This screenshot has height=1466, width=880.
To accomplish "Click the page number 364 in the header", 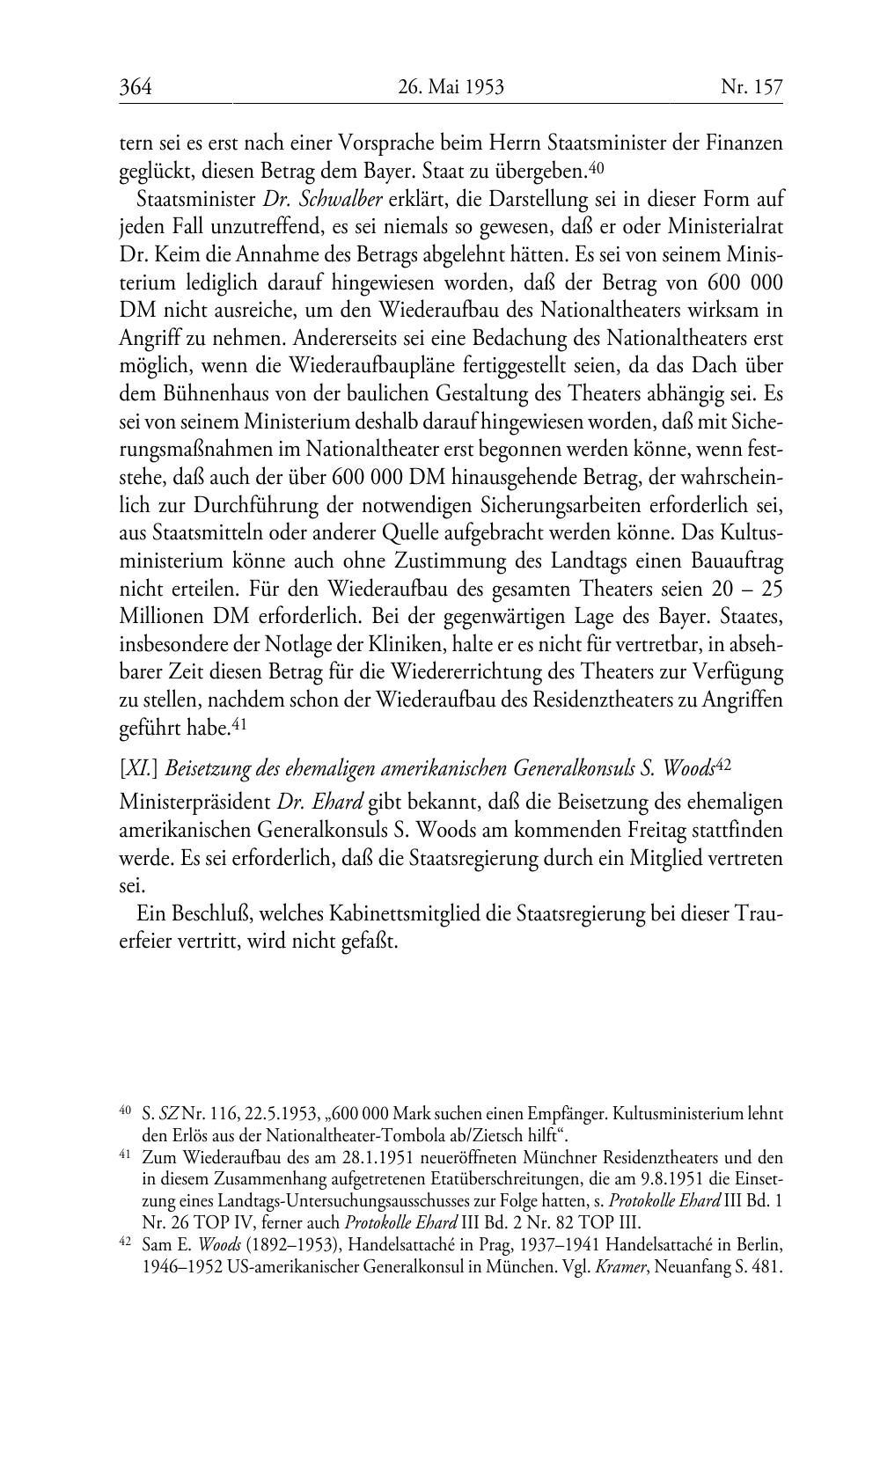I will click(136, 86).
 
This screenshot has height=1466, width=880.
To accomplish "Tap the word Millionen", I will click(162, 617).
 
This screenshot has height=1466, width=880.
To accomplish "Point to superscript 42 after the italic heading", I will click(723, 765).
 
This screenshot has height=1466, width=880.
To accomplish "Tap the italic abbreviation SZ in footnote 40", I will click(167, 1115).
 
